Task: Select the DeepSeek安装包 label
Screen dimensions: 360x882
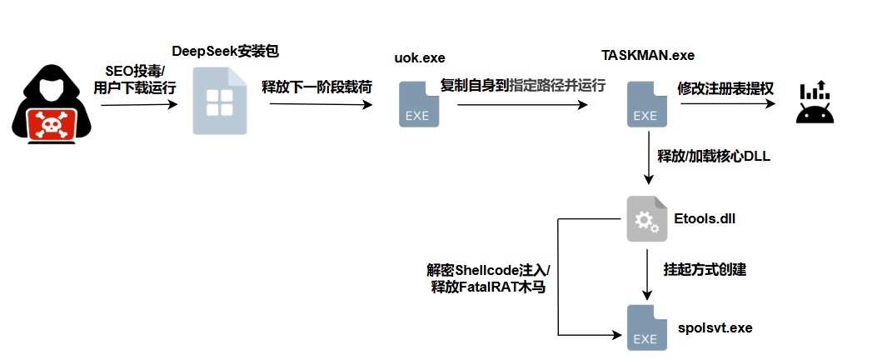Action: (x=225, y=52)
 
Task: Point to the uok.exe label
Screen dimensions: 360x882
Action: (x=420, y=57)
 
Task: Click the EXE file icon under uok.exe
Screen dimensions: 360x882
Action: (x=417, y=104)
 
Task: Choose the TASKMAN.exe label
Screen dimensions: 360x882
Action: (x=648, y=56)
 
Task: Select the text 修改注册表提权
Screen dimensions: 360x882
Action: (x=714, y=87)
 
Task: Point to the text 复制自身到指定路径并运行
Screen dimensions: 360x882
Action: (x=522, y=85)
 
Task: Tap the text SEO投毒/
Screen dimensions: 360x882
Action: (x=136, y=70)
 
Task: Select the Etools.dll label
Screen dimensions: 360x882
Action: (x=704, y=220)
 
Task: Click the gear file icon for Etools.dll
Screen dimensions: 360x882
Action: (x=646, y=219)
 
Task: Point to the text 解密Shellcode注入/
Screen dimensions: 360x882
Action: (x=488, y=271)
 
